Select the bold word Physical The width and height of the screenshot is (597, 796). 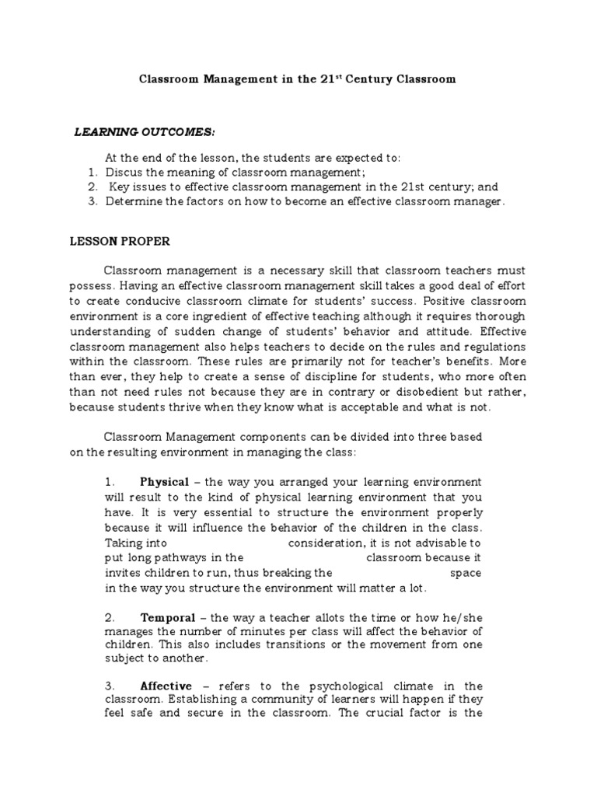(164, 483)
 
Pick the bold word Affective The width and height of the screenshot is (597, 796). (165, 686)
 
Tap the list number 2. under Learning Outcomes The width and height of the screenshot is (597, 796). (92, 187)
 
